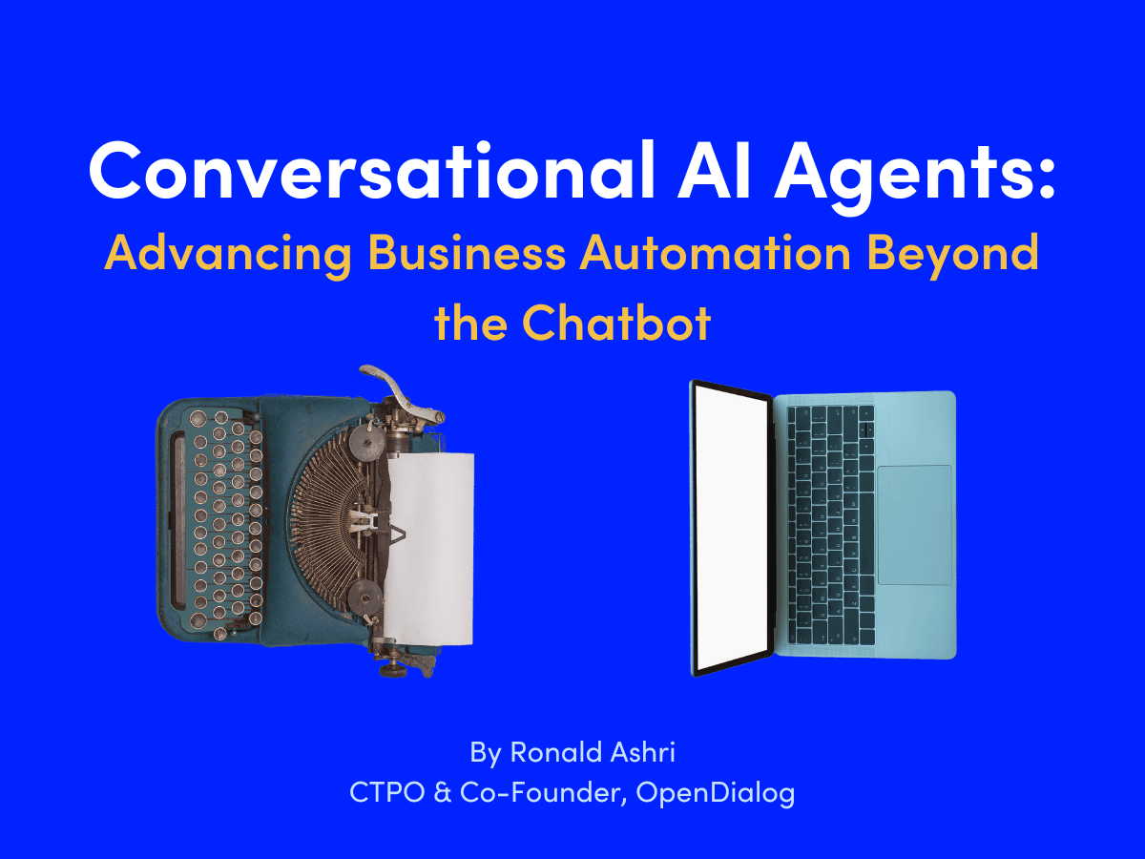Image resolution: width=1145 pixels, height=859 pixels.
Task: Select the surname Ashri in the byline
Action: click(x=648, y=752)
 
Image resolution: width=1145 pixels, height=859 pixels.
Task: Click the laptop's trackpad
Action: click(x=914, y=525)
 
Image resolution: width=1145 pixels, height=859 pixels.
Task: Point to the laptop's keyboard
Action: click(x=828, y=525)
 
